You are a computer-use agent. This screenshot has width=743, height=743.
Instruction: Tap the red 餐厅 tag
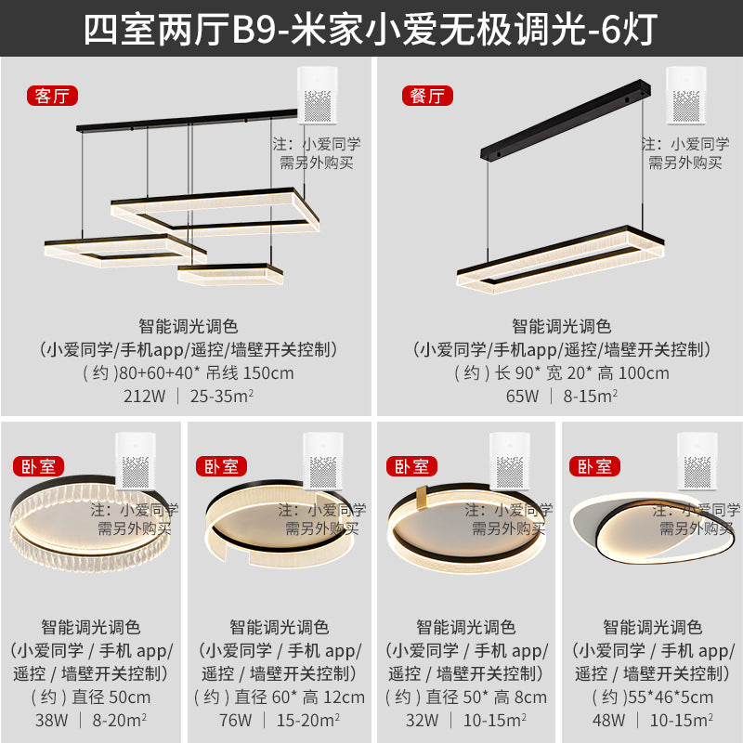(x=426, y=95)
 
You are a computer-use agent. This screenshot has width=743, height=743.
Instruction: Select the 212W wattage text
(x=142, y=397)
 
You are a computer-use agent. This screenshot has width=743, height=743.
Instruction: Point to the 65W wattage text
(x=521, y=397)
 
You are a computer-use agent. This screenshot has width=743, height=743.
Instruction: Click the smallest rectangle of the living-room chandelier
(x=229, y=272)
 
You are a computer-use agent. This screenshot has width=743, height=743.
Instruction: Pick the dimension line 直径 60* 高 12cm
(x=279, y=697)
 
